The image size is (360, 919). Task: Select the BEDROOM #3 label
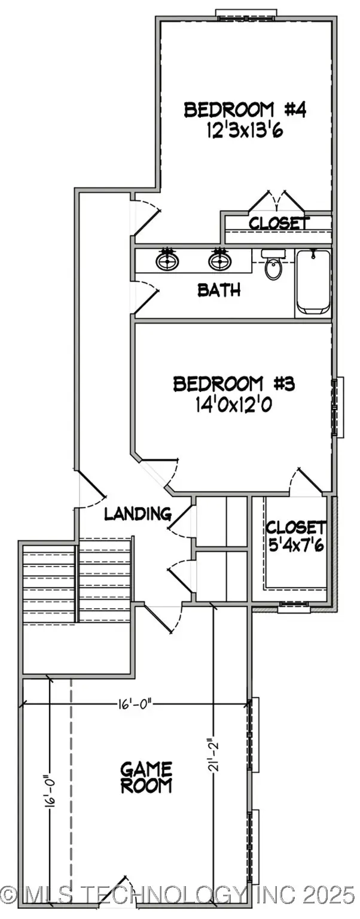pyautogui.click(x=234, y=384)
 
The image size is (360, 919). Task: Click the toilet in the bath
pyautogui.click(x=274, y=266)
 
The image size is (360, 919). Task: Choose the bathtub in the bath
pyautogui.click(x=313, y=282)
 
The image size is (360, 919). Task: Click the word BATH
pyautogui.click(x=219, y=291)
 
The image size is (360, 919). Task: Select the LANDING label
pyautogui.click(x=138, y=513)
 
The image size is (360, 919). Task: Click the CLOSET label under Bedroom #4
pyautogui.click(x=279, y=223)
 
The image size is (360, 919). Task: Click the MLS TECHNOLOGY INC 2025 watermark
pyautogui.click(x=179, y=895)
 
